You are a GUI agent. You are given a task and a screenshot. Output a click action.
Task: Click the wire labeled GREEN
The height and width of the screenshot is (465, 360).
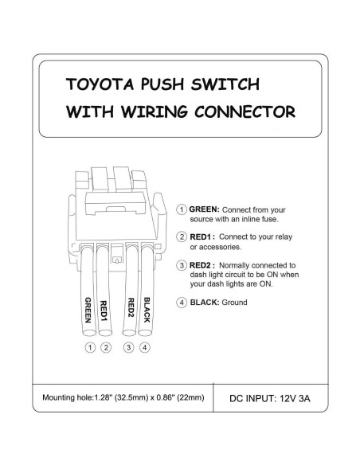(x=89, y=295)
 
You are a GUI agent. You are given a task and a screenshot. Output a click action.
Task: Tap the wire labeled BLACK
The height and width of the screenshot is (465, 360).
(x=145, y=295)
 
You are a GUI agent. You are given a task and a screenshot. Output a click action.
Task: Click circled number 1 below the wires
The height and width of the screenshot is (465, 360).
(x=90, y=347)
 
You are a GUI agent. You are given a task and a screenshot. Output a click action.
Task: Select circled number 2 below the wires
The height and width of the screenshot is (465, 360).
(x=105, y=347)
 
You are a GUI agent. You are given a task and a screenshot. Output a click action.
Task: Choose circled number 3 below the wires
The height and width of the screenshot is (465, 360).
(x=129, y=347)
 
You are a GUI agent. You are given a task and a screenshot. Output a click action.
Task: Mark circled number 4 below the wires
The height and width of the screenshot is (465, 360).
(x=144, y=347)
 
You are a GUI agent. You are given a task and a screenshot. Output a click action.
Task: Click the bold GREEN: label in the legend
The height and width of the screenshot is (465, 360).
(x=205, y=209)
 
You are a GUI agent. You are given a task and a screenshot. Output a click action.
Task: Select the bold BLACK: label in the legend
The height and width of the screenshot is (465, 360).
(x=206, y=303)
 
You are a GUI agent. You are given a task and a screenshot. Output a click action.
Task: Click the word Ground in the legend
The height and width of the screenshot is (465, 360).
(x=236, y=303)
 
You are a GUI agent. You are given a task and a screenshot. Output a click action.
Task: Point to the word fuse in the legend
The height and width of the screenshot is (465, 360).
(x=274, y=219)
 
